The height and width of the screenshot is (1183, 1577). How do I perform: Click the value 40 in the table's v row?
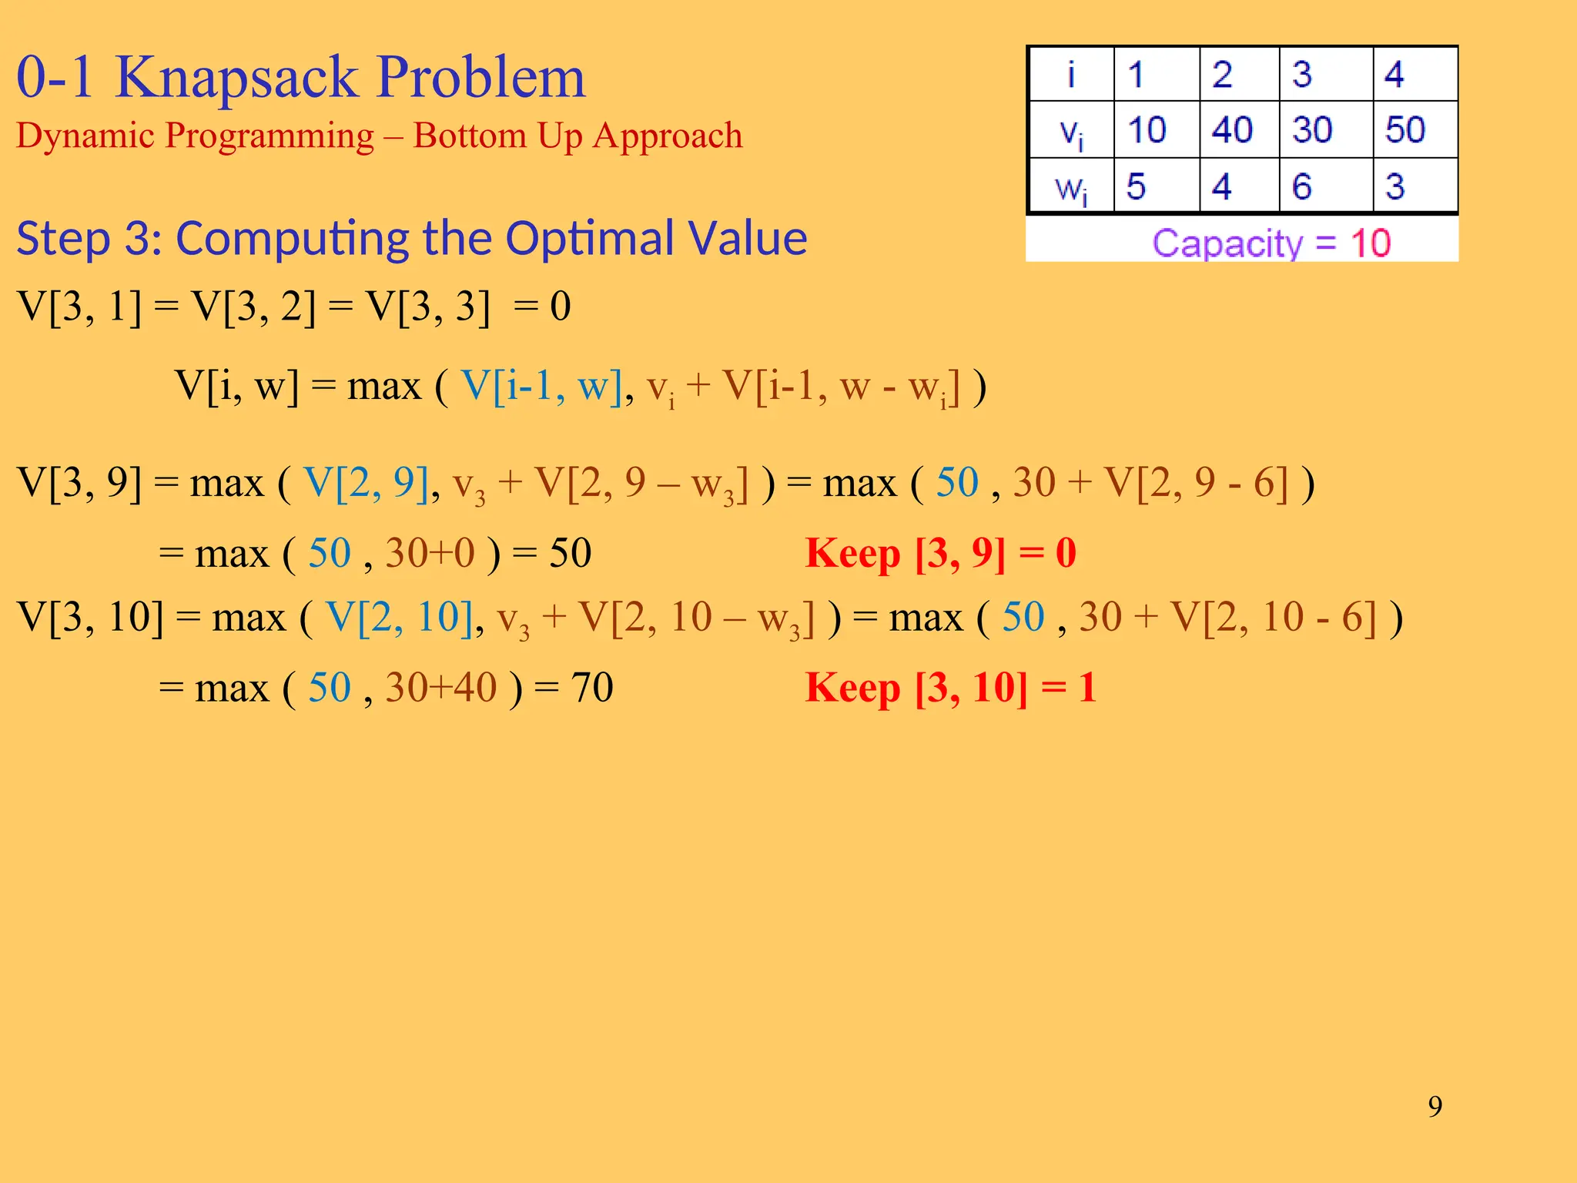[x=1231, y=129]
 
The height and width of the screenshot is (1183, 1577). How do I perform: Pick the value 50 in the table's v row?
[x=1405, y=129]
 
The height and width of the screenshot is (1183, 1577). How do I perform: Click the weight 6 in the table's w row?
[x=1301, y=186]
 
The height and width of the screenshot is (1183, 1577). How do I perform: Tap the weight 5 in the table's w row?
[x=1136, y=186]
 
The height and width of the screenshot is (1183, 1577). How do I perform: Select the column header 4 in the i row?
[x=1394, y=75]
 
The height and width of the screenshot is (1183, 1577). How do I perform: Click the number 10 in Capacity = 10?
[x=1371, y=243]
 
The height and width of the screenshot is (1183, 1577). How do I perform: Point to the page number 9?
[x=1435, y=1107]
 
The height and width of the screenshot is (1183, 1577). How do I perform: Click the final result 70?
[x=591, y=687]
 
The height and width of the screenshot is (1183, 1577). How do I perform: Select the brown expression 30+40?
[x=441, y=687]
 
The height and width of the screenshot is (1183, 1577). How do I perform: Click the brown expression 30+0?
[x=430, y=553]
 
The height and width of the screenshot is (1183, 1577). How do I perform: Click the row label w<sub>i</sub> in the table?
[x=1070, y=188]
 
